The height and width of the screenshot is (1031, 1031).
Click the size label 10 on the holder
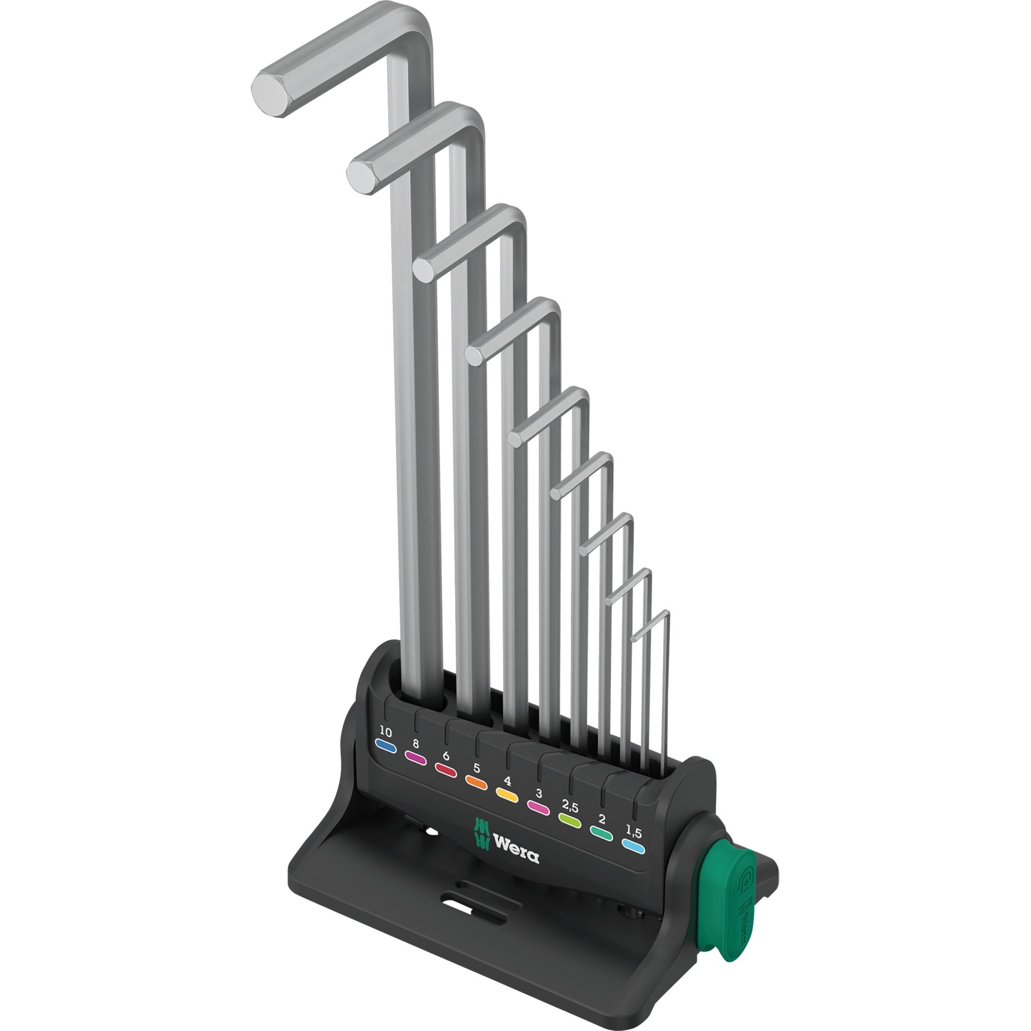pos(385,732)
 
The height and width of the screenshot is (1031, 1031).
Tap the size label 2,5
pos(570,807)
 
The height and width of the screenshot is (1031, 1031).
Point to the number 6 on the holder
pos(446,756)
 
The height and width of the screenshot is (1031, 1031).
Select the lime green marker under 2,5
pos(569,821)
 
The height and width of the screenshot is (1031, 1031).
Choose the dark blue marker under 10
pos(385,746)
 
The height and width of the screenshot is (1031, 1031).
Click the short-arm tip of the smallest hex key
pos(633,638)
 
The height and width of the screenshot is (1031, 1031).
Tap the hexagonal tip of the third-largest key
pos(425,269)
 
